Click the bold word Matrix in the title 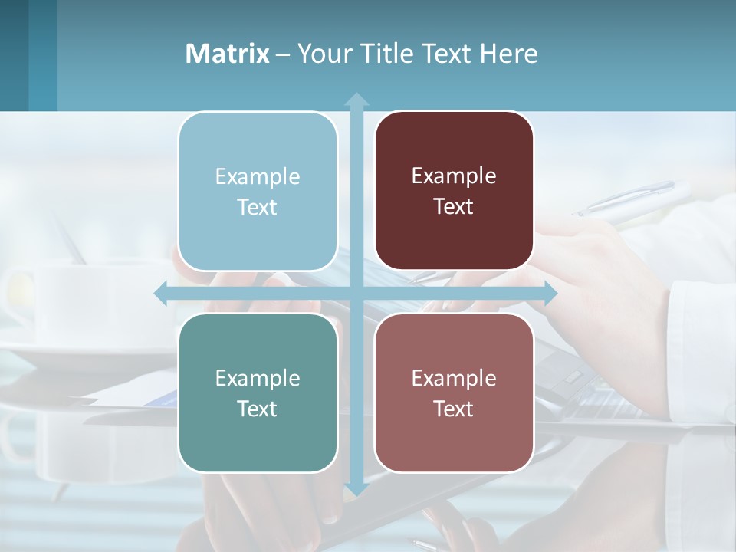point(227,54)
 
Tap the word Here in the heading point(508,54)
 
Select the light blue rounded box point(258,192)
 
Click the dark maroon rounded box point(454,191)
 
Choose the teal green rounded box point(258,393)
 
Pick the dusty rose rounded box point(454,393)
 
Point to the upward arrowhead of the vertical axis point(356,99)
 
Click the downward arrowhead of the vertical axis point(356,488)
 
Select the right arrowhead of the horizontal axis point(550,294)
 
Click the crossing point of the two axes point(356,294)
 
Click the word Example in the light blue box point(258,177)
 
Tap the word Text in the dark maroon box point(454,207)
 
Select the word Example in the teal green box point(258,378)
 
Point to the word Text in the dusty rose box point(454,409)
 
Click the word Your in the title point(322,54)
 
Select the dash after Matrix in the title point(283,54)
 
